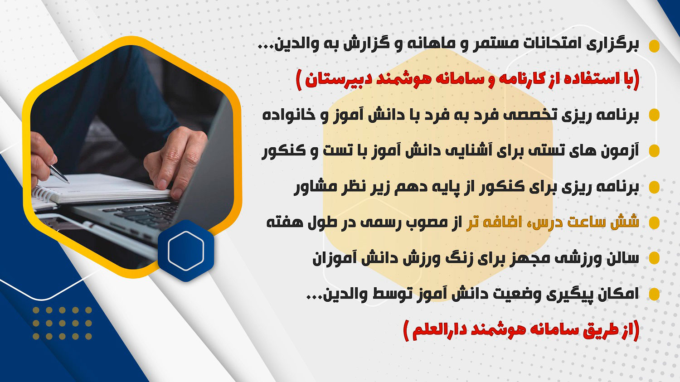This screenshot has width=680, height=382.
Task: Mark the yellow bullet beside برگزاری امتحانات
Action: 654,46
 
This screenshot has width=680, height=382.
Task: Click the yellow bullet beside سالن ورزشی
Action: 654,258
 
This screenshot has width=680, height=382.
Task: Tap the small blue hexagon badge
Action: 186,251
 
